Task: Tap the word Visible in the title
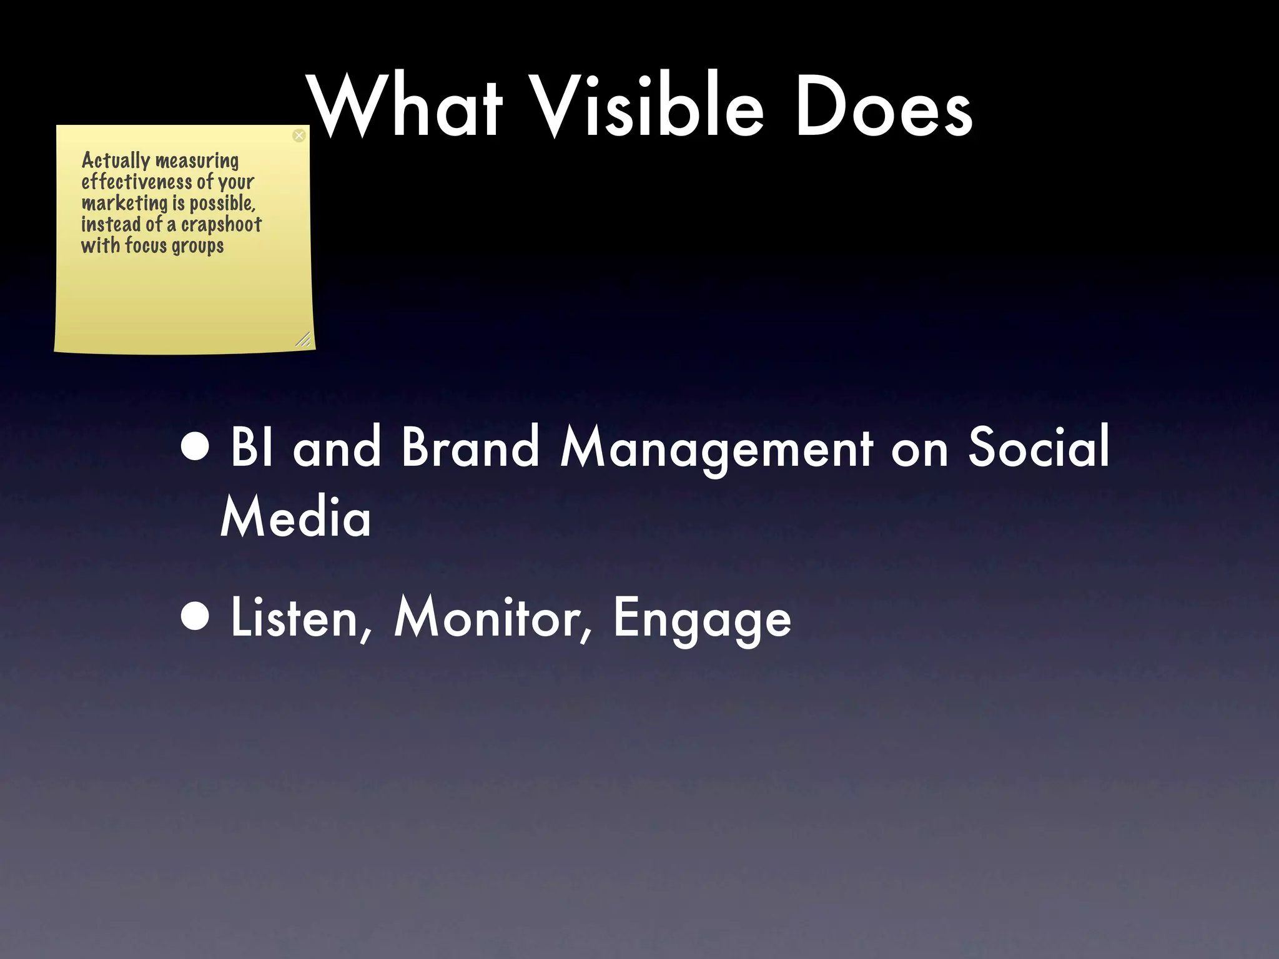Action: click(649, 106)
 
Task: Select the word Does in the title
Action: click(883, 106)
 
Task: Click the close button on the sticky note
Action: click(299, 135)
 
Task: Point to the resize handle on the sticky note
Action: click(303, 340)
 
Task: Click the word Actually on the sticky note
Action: click(116, 161)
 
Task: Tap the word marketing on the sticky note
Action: click(125, 204)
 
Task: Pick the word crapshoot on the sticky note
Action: click(221, 224)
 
